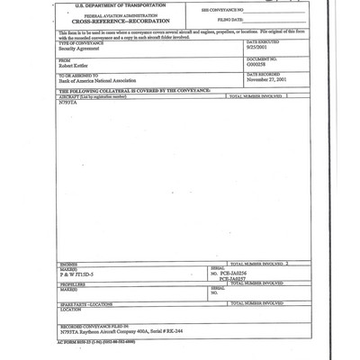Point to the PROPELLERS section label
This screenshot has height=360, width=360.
(75, 284)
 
